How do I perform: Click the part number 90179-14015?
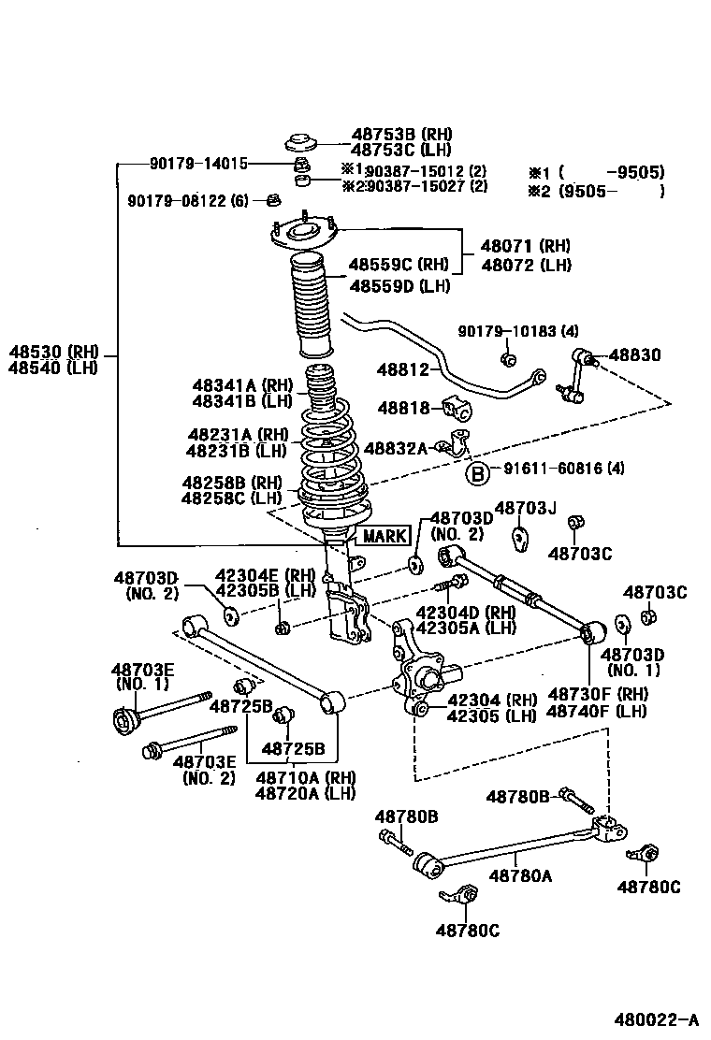(x=198, y=164)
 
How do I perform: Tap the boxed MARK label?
(x=385, y=536)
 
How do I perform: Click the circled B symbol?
(x=477, y=474)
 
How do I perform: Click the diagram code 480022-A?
(x=656, y=1018)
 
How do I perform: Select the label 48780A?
(x=520, y=875)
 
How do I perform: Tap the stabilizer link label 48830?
(x=634, y=355)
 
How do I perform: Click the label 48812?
(x=403, y=370)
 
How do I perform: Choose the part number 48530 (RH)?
(x=54, y=352)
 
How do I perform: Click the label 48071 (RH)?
(x=526, y=246)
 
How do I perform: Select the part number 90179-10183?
(x=518, y=331)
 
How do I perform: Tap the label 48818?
(x=403, y=408)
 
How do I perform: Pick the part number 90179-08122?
(x=187, y=200)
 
